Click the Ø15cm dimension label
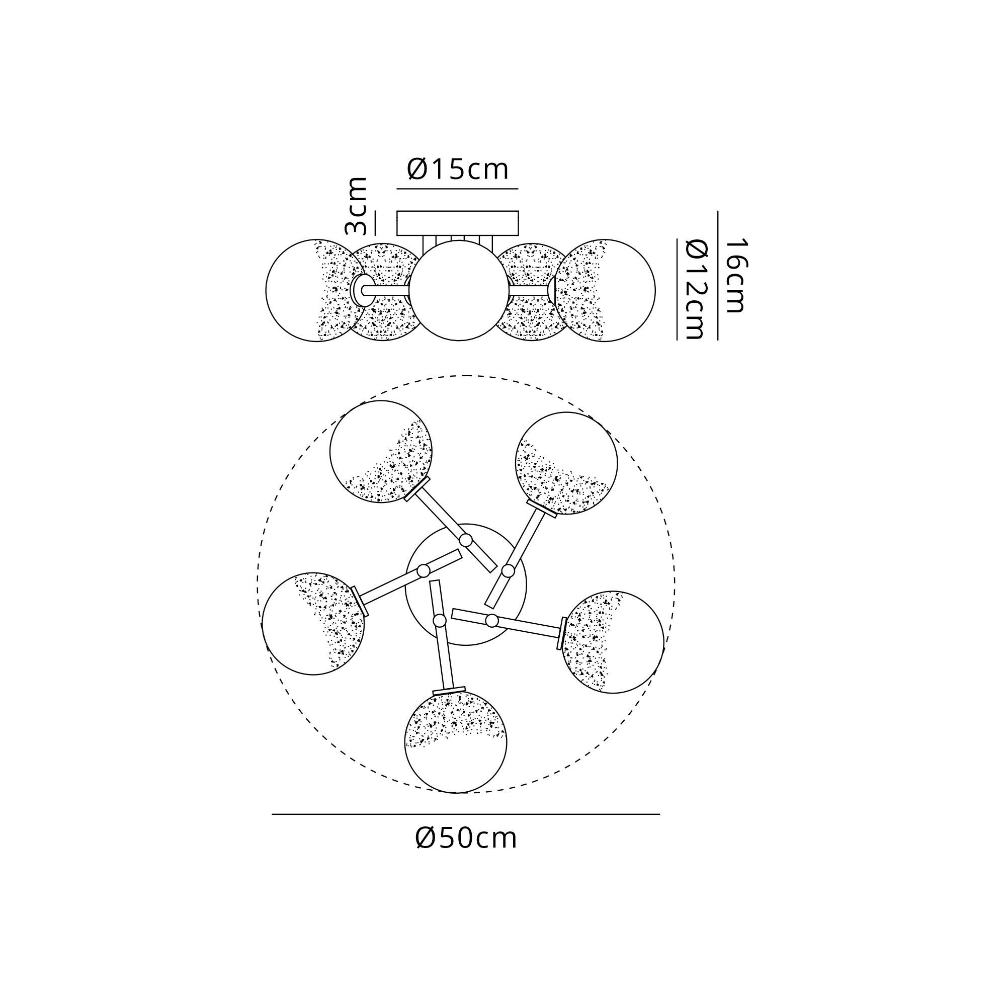[457, 169]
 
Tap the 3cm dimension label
[357, 206]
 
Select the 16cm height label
[736, 276]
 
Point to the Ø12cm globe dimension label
[695, 289]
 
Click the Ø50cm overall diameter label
[466, 838]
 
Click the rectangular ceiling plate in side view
[458, 223]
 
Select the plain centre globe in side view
[459, 291]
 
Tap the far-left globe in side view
[316, 291]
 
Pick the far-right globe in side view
[605, 291]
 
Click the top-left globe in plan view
[381, 452]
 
